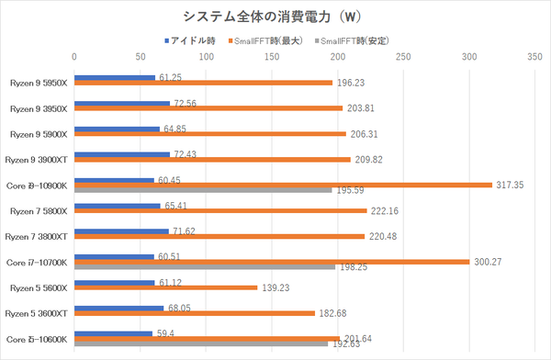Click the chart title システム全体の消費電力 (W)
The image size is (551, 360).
point(275,17)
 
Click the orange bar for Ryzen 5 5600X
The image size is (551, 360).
point(165,288)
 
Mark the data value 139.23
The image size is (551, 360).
point(275,288)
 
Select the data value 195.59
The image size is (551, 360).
point(351,191)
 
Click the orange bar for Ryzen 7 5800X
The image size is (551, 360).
point(220,210)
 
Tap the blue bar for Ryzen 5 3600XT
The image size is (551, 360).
point(118,309)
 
